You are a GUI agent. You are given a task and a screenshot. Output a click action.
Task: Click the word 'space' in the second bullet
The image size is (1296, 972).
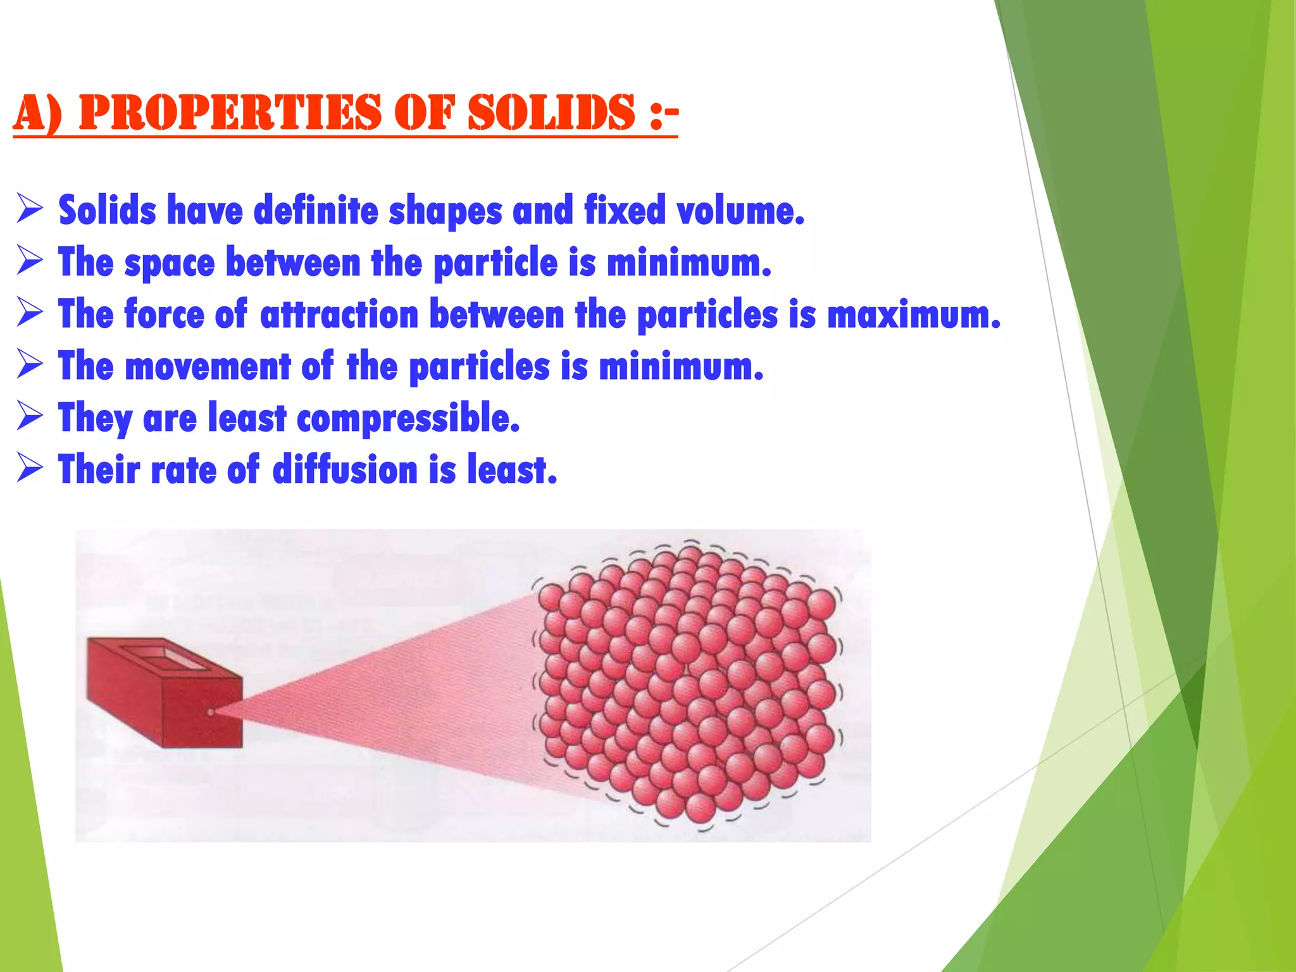click(x=170, y=263)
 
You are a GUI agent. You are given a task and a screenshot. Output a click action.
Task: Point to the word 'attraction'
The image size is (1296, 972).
click(x=339, y=315)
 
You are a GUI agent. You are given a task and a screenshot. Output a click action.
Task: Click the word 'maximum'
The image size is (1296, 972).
click(x=913, y=315)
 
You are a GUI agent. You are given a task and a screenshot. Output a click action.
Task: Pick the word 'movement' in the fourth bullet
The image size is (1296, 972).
click(x=208, y=367)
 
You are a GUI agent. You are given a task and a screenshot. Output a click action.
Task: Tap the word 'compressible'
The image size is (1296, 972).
click(x=408, y=419)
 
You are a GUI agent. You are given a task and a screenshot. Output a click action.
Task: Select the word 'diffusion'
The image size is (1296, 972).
click(x=346, y=470)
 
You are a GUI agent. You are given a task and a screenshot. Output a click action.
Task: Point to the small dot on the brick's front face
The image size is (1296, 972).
click(x=211, y=713)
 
